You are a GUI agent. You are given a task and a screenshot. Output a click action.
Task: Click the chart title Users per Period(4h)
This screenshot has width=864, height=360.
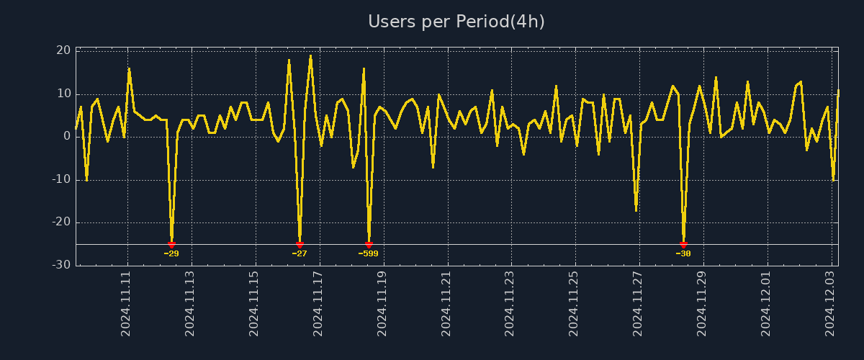(x=456, y=22)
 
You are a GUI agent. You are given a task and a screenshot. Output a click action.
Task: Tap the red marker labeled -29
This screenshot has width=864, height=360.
(x=171, y=245)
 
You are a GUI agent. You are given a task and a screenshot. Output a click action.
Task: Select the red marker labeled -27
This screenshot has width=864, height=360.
(x=300, y=245)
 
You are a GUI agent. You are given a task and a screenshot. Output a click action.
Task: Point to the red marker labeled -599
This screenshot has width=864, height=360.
(x=369, y=245)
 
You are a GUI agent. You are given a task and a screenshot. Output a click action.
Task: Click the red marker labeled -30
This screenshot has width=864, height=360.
(x=683, y=245)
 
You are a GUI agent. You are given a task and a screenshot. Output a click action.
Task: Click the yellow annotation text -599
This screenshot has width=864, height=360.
(x=368, y=253)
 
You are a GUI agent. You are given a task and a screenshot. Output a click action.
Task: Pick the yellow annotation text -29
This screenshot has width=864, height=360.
(x=171, y=253)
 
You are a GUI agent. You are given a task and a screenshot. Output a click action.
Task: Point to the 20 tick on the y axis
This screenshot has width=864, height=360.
(x=63, y=50)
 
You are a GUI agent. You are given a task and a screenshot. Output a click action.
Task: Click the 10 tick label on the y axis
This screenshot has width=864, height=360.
(x=63, y=94)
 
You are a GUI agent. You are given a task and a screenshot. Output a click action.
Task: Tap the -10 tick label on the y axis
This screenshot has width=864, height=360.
(x=61, y=179)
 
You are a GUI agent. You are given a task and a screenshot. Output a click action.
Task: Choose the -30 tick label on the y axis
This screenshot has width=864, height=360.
(x=61, y=265)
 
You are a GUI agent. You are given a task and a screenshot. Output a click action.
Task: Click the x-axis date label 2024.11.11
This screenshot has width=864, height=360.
(x=127, y=303)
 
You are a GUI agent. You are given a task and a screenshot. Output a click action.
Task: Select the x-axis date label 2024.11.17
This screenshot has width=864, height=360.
(x=318, y=303)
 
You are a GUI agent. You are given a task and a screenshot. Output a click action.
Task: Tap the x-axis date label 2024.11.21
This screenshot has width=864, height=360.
(x=446, y=303)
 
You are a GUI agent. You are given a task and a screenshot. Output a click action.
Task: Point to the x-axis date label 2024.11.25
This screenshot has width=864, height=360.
(x=574, y=303)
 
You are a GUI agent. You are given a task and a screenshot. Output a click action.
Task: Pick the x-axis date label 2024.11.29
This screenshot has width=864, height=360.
(x=701, y=303)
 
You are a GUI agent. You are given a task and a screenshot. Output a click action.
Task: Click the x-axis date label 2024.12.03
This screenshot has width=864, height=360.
(x=829, y=303)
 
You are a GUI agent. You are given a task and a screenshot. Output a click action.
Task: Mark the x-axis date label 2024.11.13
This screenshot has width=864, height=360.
(x=191, y=303)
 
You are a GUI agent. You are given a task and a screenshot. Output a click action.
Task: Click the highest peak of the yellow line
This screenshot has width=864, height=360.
(x=310, y=55)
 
